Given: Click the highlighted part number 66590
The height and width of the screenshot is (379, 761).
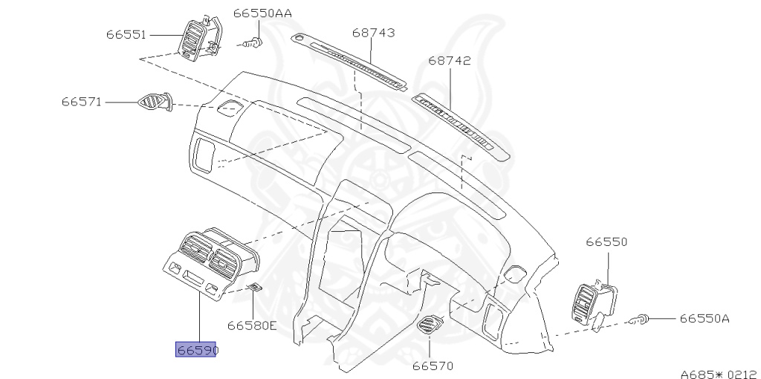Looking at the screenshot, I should [x=195, y=349].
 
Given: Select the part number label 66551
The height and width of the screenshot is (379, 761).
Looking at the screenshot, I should [x=126, y=35].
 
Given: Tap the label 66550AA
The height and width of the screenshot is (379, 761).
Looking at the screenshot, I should [x=262, y=13].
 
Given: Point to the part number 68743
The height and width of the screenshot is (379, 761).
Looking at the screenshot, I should [x=373, y=33].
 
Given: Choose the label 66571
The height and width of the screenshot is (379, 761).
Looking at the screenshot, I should [x=82, y=102].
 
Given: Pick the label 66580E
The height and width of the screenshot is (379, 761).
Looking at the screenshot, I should [x=252, y=325].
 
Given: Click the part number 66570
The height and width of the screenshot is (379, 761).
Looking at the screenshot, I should [x=433, y=366].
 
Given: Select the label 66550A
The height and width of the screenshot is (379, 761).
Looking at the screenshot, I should [x=705, y=319].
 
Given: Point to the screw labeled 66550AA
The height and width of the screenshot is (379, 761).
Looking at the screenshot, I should [x=254, y=43].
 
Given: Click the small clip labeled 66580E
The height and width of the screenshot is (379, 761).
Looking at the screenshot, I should [x=254, y=288].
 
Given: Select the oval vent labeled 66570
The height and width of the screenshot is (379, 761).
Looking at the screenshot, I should [x=430, y=325].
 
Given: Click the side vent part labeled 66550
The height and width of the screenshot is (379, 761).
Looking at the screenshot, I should [x=596, y=303].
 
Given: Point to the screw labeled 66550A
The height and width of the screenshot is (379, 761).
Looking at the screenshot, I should [x=641, y=320].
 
